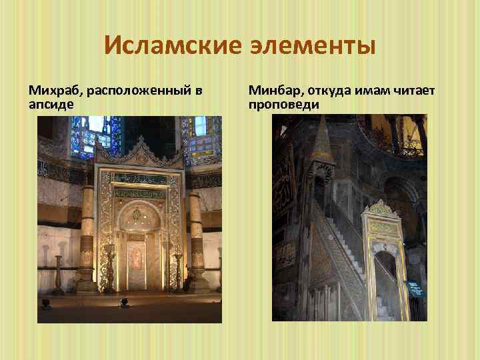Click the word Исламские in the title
point(163,46)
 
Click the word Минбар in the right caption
point(274,90)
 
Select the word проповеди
point(284,105)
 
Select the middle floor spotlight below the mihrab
point(123,303)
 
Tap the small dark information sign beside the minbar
point(415,288)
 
